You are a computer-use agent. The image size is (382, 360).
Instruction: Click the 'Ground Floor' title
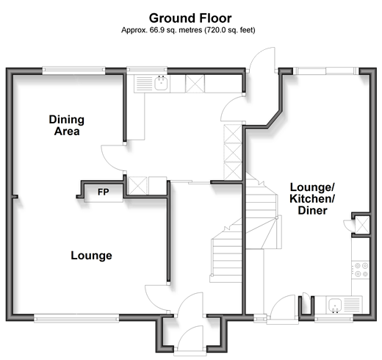click(190, 18)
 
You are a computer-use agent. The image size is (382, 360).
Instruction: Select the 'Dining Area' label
click(67, 126)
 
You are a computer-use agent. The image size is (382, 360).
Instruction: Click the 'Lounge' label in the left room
click(91, 256)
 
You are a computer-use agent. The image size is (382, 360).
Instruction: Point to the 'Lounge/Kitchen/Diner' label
click(312, 198)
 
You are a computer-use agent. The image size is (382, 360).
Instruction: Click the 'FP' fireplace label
click(104, 192)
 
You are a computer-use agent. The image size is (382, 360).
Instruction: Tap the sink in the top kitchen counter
click(162, 83)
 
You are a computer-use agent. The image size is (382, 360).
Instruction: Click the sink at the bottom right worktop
click(335, 305)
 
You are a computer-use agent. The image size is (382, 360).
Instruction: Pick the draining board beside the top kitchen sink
click(144, 84)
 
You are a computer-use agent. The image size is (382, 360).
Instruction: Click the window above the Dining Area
click(73, 71)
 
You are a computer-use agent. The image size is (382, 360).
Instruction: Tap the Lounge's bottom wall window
click(76, 318)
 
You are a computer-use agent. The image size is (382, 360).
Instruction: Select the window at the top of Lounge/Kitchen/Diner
click(326, 71)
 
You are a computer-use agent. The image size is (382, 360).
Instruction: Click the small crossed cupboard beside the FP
click(137, 186)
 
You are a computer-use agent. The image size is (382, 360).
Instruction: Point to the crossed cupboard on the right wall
click(361, 225)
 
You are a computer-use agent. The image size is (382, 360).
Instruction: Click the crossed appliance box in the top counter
click(195, 84)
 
